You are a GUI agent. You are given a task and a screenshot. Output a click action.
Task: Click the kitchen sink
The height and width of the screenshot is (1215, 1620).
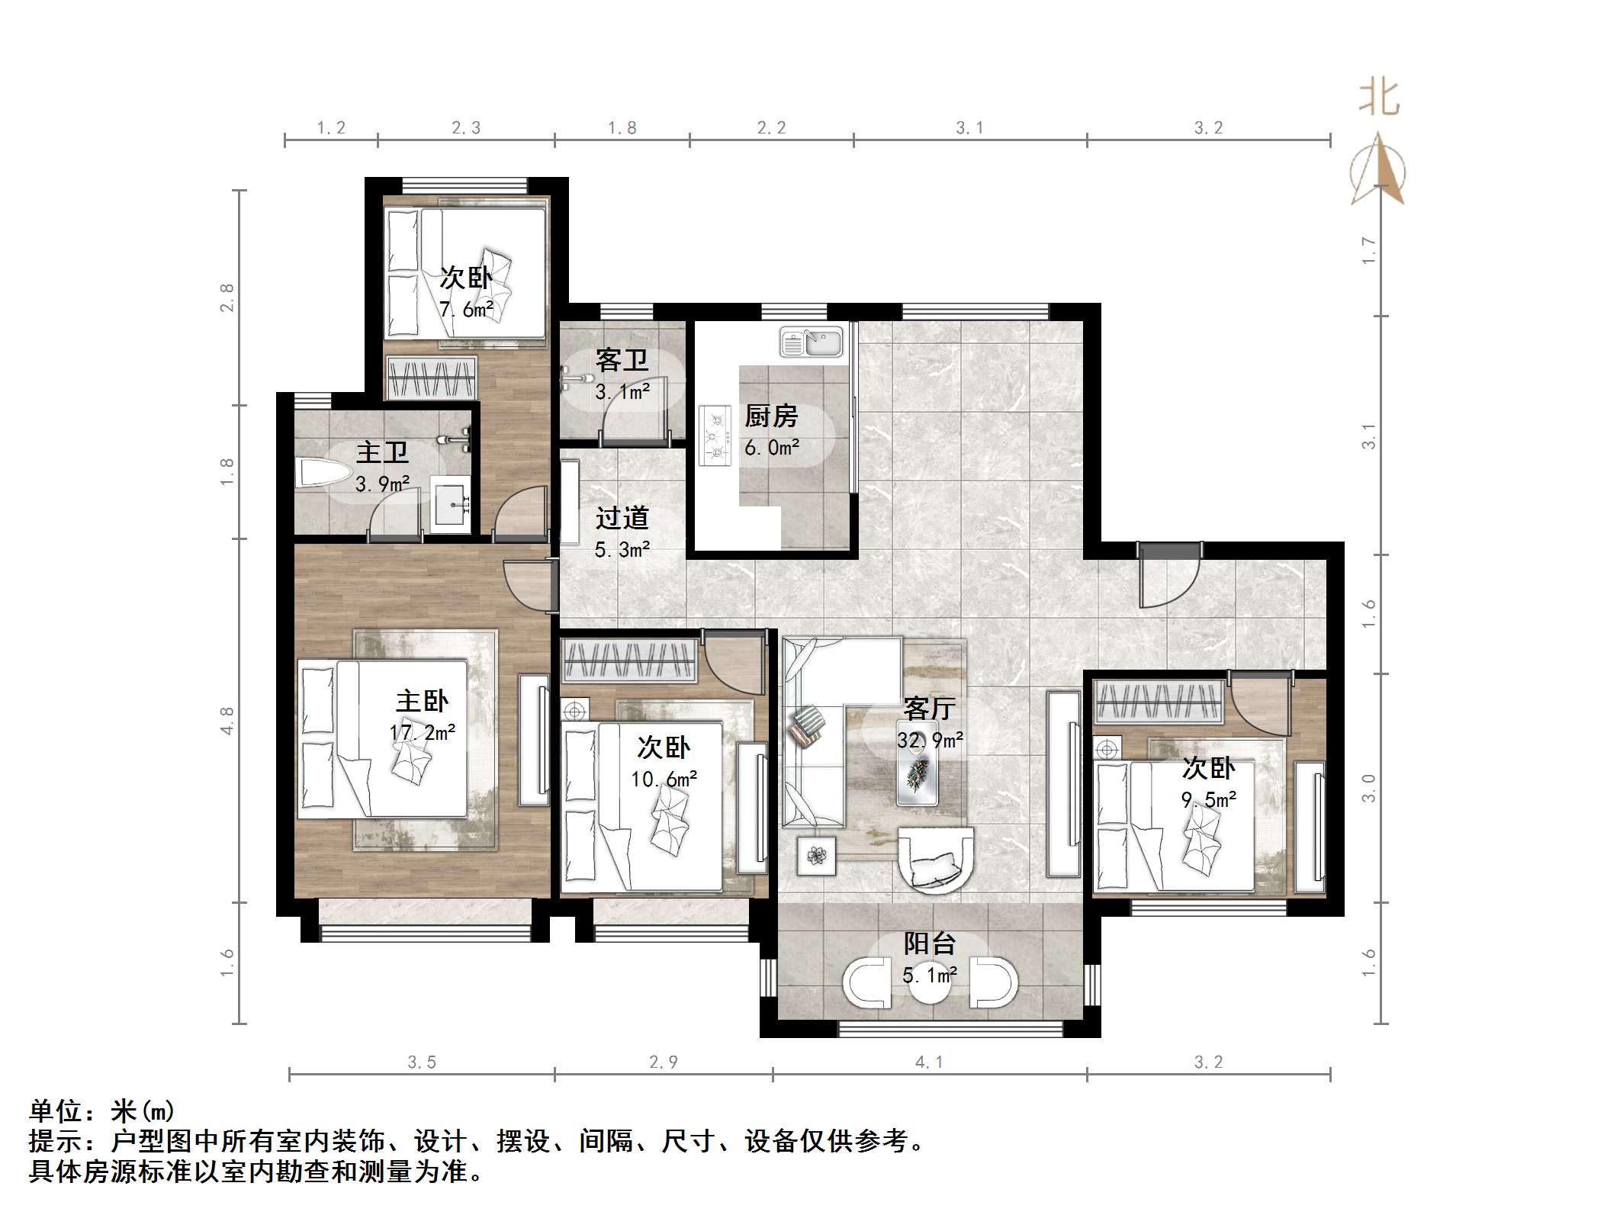[812, 342]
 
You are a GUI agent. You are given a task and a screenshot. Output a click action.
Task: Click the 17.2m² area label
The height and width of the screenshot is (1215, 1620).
[422, 732]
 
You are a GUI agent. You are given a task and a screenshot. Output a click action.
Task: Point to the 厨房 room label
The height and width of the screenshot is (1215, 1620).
[771, 416]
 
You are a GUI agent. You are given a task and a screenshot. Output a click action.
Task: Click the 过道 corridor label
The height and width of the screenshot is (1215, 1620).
[622, 519]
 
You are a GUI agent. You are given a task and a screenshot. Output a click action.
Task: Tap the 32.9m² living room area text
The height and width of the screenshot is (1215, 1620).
[929, 740]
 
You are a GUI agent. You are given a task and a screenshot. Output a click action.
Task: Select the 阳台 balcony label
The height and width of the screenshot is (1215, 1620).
[929, 944]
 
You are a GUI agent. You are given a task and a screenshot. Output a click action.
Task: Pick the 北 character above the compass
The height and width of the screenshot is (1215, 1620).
[1379, 99]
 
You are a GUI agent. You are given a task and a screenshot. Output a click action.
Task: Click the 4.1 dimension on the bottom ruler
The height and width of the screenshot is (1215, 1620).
[929, 1062]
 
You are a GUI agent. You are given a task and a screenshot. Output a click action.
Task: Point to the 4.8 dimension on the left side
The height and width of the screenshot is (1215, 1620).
[227, 720]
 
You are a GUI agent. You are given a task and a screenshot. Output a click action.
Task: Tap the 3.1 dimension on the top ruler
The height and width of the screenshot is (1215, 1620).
[969, 128]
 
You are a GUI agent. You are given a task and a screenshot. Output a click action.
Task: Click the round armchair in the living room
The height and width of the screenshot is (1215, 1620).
[935, 860]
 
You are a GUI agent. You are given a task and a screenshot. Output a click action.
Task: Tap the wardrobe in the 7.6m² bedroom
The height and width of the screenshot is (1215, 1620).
[432, 377]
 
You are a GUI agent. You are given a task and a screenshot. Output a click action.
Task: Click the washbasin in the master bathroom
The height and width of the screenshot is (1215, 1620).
[452, 504]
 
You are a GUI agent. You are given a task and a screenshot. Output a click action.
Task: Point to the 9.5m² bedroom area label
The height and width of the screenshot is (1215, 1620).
[1208, 799]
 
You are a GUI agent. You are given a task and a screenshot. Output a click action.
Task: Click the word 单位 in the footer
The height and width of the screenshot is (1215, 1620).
[56, 1111]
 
